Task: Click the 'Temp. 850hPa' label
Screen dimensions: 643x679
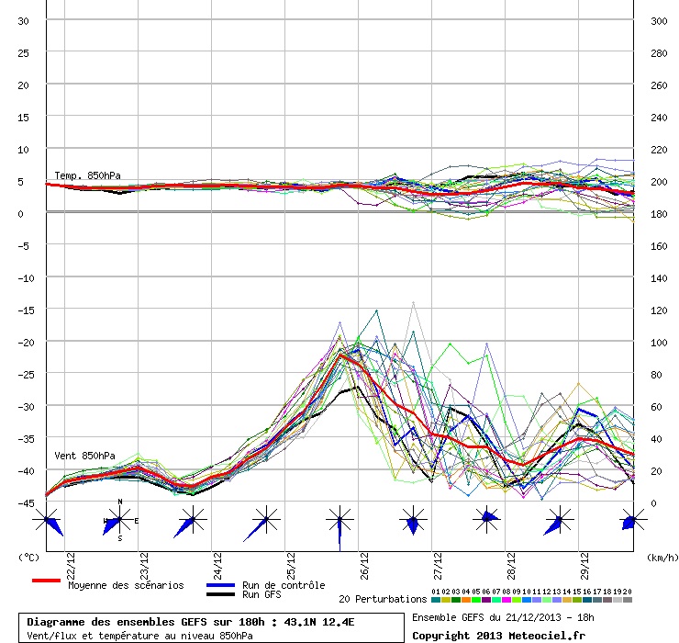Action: pos(87,175)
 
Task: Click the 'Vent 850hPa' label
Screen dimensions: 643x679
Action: pos(84,456)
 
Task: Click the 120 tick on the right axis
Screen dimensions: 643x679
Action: pos(658,310)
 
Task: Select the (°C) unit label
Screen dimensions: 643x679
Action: pos(28,558)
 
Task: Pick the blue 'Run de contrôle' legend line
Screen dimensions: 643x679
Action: pos(221,585)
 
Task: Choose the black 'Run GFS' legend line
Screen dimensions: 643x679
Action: pos(221,595)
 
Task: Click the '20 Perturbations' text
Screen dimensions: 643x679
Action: pos(383,600)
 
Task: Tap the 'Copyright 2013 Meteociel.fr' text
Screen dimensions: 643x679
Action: pos(498,635)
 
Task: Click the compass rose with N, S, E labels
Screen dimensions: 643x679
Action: pos(119,521)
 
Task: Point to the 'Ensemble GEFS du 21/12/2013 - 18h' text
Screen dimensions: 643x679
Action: pos(499,616)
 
